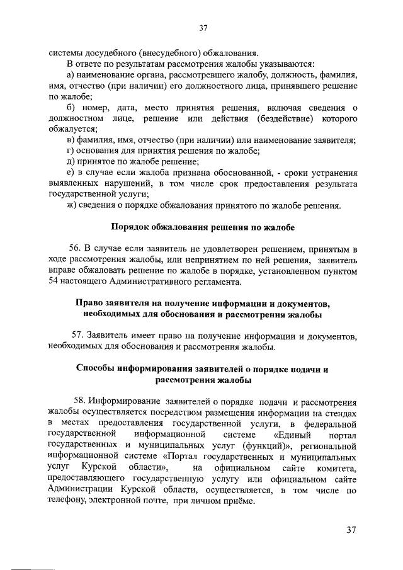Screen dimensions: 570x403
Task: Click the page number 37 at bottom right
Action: [x=351, y=530]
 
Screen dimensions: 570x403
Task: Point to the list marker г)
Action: [x=70, y=151]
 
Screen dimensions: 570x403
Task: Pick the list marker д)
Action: [x=71, y=162]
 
